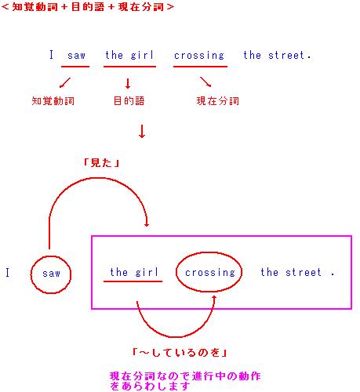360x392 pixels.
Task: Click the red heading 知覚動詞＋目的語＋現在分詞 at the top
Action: coord(88,7)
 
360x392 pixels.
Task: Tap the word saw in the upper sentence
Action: coord(76,56)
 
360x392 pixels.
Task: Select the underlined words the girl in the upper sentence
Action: coord(129,56)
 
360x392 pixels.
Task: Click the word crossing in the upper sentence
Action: coord(199,56)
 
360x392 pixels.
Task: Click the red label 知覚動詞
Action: coord(53,101)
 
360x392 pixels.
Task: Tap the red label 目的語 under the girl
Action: coord(129,101)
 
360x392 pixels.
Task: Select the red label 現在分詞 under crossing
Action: coord(218,101)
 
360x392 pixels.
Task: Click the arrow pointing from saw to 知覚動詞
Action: coord(65,82)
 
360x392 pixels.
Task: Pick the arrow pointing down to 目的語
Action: coord(128,83)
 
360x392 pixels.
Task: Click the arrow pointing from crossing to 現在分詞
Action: coord(205,82)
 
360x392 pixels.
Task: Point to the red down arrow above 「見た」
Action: coord(142,132)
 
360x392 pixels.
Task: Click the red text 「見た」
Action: coord(101,163)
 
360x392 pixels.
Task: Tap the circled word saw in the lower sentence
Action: coord(51,274)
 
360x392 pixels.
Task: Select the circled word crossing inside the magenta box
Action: coord(210,273)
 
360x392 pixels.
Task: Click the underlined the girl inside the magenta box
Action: coord(134,272)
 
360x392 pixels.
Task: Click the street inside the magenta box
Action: coord(291,272)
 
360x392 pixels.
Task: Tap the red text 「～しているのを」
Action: coord(180,353)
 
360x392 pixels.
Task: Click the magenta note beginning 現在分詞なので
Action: coord(185,381)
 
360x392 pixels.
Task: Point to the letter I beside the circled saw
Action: coord(8,272)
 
